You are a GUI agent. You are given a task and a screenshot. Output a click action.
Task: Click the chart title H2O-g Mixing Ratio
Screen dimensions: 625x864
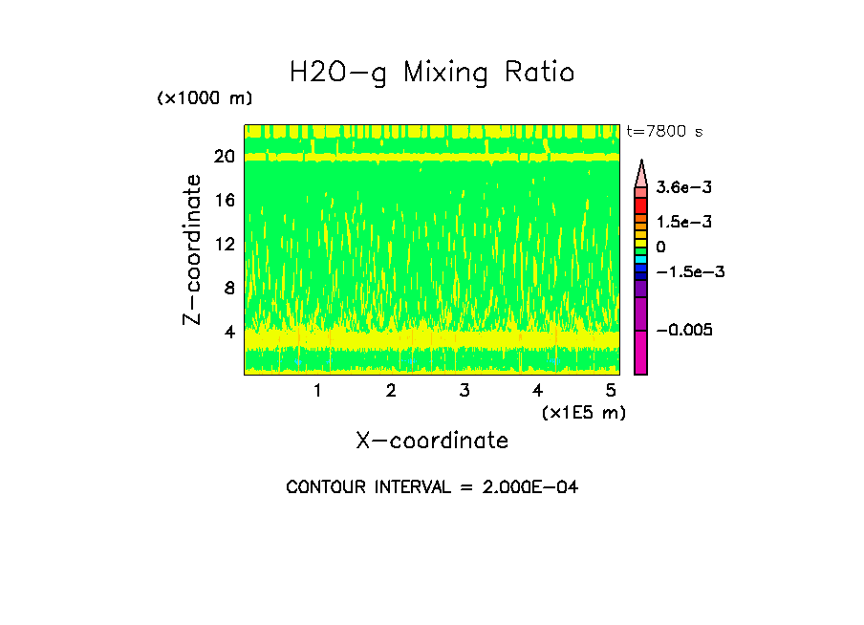click(432, 73)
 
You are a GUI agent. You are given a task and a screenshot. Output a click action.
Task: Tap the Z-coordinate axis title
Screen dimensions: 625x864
click(193, 249)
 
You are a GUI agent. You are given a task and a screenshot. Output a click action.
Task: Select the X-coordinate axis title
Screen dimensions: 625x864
click(432, 441)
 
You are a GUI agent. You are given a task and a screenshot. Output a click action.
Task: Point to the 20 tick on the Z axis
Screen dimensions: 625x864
click(224, 157)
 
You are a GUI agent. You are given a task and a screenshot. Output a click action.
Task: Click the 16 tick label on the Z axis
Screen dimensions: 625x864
click(224, 201)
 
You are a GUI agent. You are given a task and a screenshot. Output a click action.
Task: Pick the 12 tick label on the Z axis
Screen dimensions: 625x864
click(224, 244)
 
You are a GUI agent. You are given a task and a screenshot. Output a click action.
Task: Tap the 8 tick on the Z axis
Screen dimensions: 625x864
click(228, 288)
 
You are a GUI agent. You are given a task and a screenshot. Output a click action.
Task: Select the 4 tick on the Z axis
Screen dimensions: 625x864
click(228, 332)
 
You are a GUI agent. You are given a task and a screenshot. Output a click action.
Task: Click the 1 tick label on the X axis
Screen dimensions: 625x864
click(317, 390)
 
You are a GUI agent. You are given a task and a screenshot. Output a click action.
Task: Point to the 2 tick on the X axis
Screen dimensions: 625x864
click(391, 390)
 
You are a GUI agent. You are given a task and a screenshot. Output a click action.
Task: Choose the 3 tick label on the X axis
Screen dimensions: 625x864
click(464, 390)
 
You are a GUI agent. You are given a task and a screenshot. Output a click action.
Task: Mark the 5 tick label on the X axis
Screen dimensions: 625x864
click(611, 390)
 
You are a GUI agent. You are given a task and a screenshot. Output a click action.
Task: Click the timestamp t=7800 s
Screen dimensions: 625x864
click(664, 131)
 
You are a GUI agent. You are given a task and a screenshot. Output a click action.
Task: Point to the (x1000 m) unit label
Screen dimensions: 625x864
click(204, 99)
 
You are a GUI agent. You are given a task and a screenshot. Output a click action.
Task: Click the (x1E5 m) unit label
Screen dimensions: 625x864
click(583, 412)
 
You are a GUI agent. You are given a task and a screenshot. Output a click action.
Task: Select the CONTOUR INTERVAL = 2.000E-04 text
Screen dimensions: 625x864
click(432, 487)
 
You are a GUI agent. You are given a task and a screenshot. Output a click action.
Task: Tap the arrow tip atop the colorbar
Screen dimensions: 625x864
click(641, 163)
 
